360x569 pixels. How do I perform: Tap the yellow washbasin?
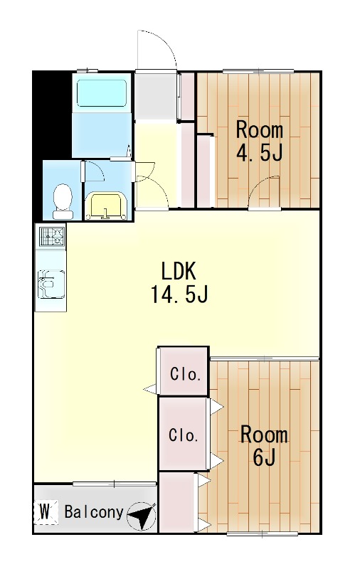(106, 206)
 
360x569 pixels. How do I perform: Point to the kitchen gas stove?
(51, 236)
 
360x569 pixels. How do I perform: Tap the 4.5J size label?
(260, 154)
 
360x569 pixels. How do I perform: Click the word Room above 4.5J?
(260, 130)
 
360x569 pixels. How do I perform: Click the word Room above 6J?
(264, 434)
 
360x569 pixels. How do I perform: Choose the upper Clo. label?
(184, 374)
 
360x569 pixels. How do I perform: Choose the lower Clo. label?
(183, 435)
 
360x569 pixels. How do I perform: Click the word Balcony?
(93, 512)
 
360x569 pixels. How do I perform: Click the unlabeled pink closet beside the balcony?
(177, 503)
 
